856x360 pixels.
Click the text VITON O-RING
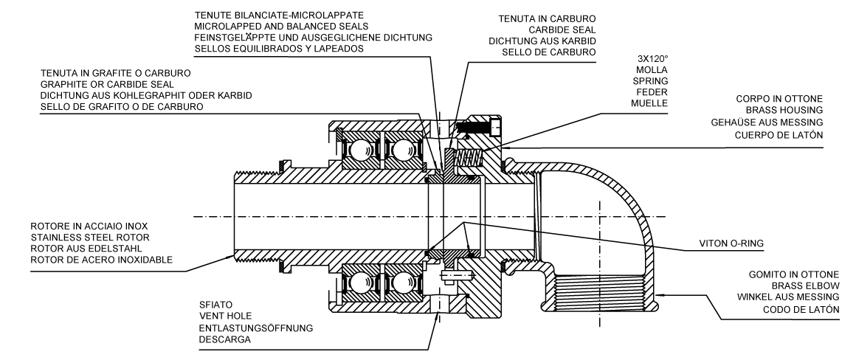coord(731,243)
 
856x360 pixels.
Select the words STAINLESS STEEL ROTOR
coord(90,238)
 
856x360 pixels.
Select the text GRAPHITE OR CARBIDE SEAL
coord(108,85)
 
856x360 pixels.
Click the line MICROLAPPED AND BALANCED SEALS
coord(281,26)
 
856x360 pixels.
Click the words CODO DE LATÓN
coord(801,308)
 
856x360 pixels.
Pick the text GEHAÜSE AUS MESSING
coord(767,122)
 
